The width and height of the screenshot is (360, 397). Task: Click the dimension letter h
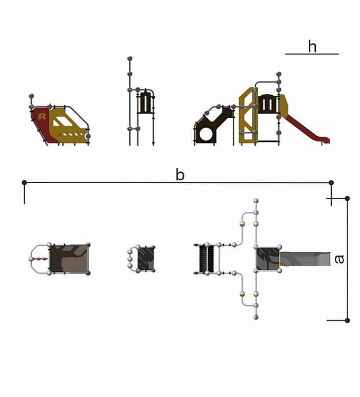click(312, 47)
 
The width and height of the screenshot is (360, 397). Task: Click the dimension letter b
click(180, 175)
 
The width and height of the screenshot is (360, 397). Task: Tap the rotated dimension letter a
click(339, 259)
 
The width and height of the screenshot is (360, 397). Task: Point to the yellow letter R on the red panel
click(42, 117)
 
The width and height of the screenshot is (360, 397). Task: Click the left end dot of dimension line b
click(24, 182)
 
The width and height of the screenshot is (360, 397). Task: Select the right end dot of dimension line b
click(331, 183)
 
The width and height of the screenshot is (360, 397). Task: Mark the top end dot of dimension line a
click(347, 198)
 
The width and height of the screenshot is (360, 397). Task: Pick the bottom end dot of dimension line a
click(347, 320)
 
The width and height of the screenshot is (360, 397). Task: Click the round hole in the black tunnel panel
click(207, 133)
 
